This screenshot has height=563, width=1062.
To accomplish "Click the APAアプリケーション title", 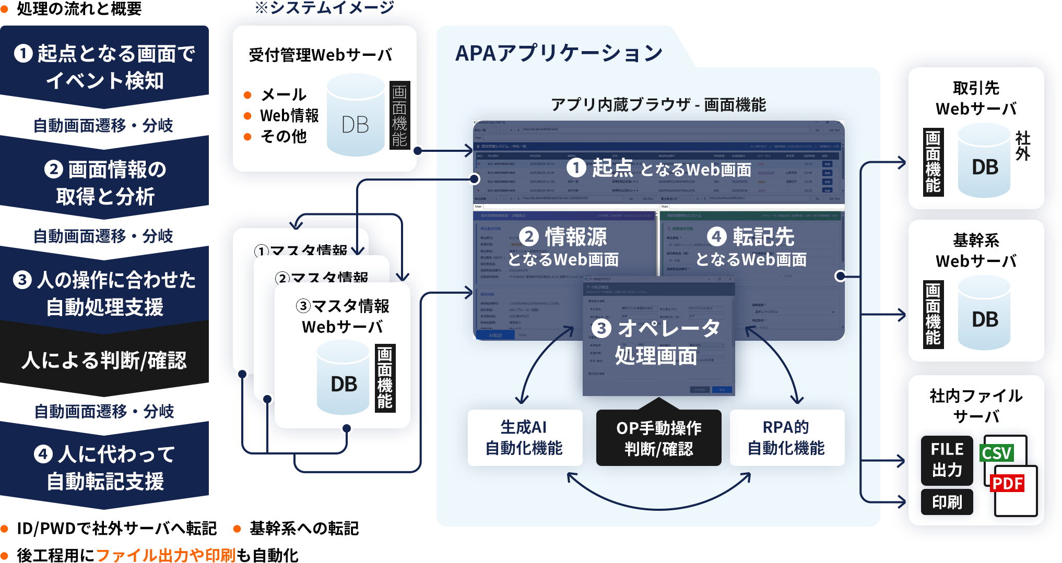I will pyautogui.click(x=559, y=53).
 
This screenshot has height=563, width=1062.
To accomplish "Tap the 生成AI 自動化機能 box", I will pyautogui.click(x=524, y=437).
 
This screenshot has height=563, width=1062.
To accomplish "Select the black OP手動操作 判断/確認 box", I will pyautogui.click(x=658, y=438).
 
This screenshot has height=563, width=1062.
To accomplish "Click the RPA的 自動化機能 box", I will pyautogui.click(x=786, y=437).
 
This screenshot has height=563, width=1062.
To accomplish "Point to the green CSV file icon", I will pyautogui.click(x=997, y=453).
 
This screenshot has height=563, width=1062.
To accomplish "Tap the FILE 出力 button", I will pyautogui.click(x=947, y=460).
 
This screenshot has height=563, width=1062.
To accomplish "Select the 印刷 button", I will pyautogui.click(x=947, y=502).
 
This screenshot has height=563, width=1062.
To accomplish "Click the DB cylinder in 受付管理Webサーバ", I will pyautogui.click(x=356, y=116).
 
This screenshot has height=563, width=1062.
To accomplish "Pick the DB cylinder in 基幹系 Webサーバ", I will pyautogui.click(x=984, y=313).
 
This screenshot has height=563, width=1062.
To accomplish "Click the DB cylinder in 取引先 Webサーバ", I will pyautogui.click(x=984, y=161).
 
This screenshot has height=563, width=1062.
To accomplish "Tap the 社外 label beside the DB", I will pyautogui.click(x=1022, y=146).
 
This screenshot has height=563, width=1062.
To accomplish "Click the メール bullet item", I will pyautogui.click(x=284, y=95).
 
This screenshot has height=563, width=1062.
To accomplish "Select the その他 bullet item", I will pyautogui.click(x=284, y=137).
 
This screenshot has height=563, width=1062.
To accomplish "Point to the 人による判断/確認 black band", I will pyautogui.click(x=104, y=360).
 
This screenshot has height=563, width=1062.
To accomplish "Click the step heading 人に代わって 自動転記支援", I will pyautogui.click(x=105, y=468).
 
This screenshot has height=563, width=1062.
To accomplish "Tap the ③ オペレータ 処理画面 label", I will pyautogui.click(x=656, y=342).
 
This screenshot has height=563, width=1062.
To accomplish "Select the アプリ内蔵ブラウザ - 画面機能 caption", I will pyautogui.click(x=658, y=105).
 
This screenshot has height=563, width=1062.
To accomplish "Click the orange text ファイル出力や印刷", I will pyautogui.click(x=166, y=555).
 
